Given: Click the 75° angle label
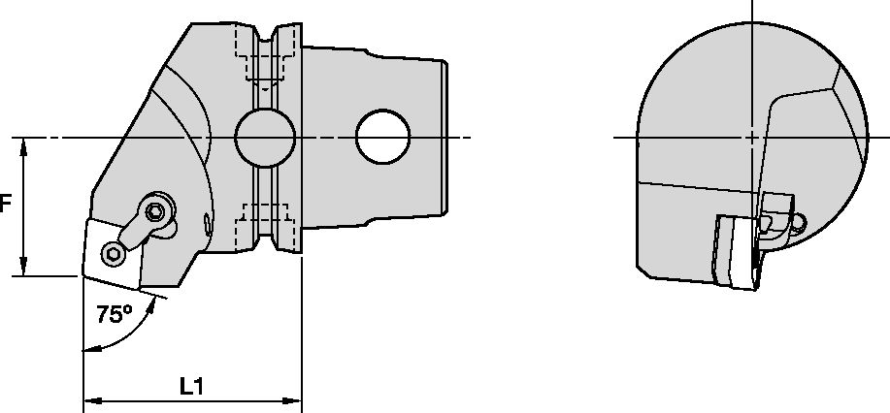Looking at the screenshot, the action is point(114,314).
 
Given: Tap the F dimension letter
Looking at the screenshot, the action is point(5,204).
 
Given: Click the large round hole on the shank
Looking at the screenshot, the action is point(383,137).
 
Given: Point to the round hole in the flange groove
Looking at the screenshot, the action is point(265,138).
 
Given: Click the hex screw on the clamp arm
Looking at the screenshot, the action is point(155,211).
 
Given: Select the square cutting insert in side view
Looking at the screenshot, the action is point(114,252).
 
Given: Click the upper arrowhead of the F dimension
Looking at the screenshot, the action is point(23,147).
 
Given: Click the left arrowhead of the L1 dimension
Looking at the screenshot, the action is point(93,401).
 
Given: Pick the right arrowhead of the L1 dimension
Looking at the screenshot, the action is point(292,401).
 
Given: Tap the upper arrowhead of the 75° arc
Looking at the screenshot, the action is point(151,307).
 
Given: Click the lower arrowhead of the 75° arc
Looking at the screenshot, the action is point(92,349).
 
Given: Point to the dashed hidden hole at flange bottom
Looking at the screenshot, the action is point(266,228).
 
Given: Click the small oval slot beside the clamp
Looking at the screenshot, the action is point(208,224).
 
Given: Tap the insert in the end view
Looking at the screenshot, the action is point(736,251).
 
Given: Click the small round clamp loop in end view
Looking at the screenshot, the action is point(798,224).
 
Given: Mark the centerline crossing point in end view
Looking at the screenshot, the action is point(752,138).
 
